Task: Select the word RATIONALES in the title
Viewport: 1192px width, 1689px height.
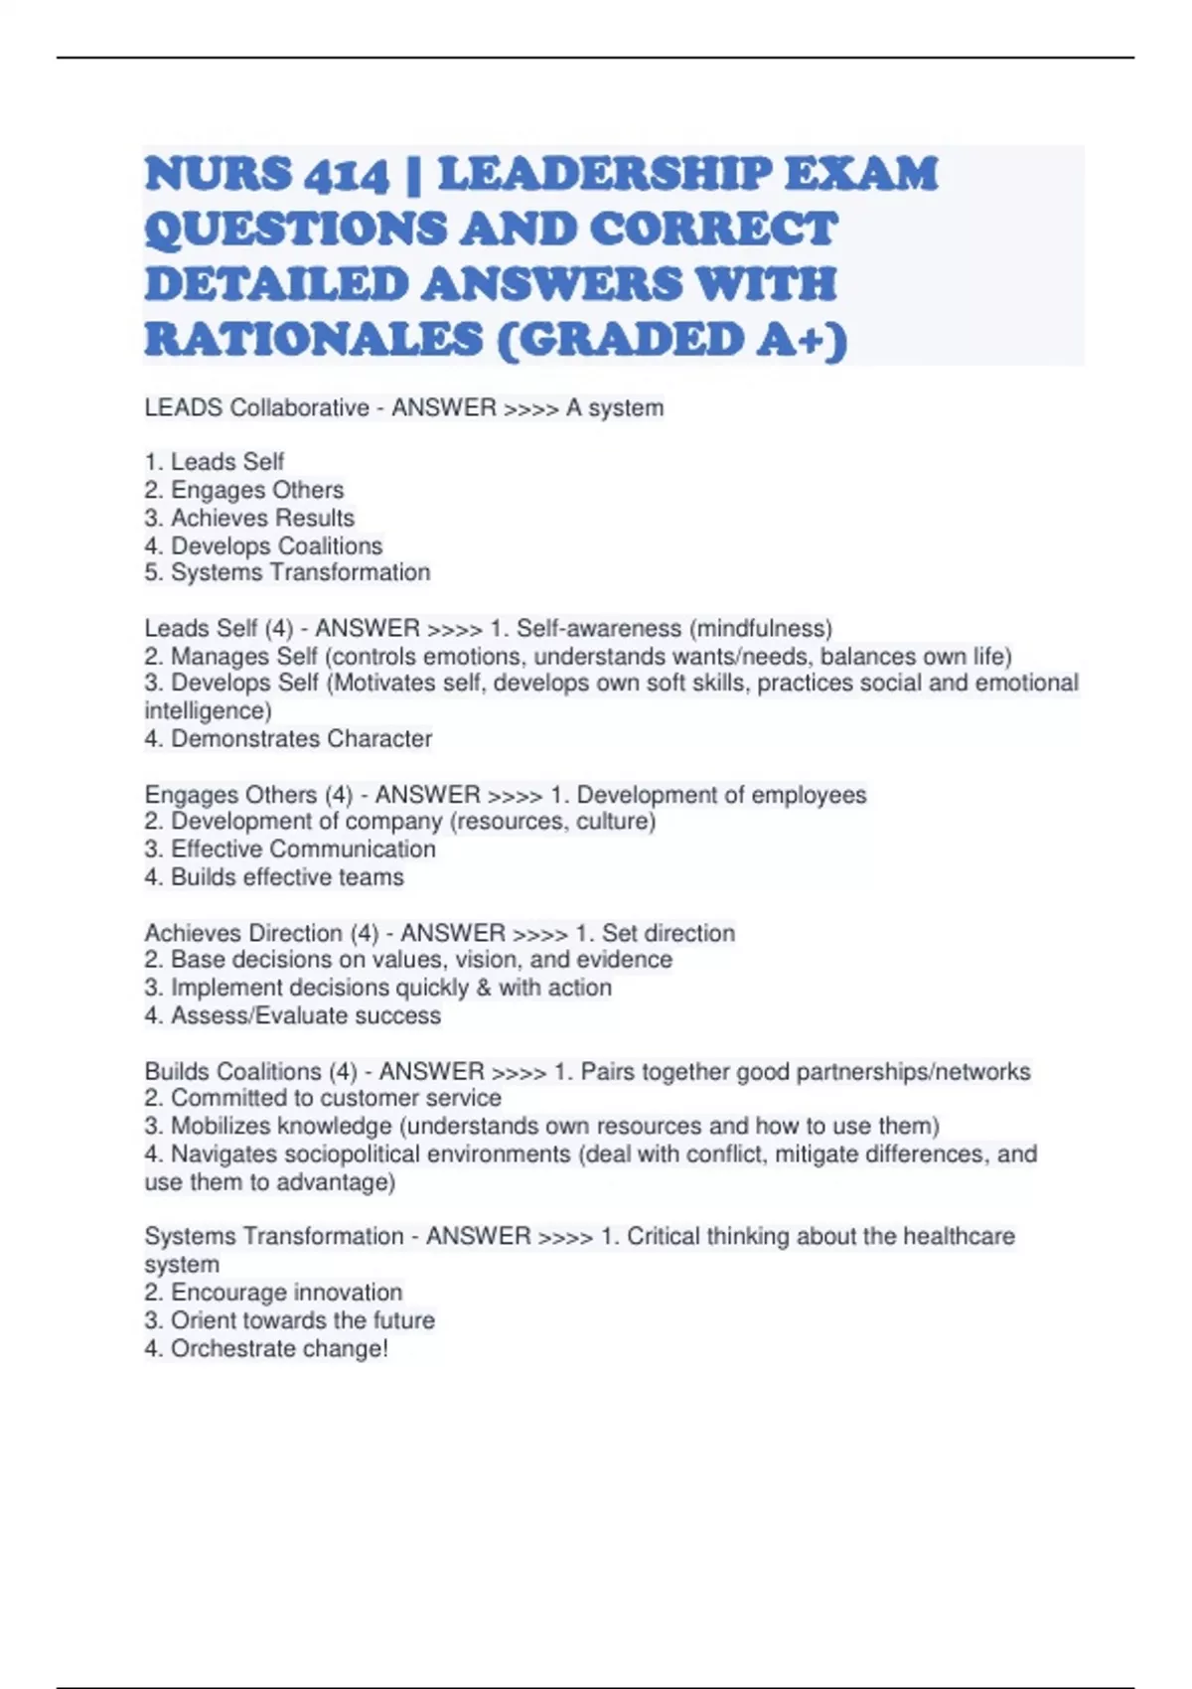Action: (x=314, y=339)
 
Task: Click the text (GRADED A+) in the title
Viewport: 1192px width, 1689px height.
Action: (x=671, y=339)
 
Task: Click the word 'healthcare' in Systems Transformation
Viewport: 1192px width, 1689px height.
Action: (x=960, y=1236)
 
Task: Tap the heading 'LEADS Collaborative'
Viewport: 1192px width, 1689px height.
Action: (x=256, y=407)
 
